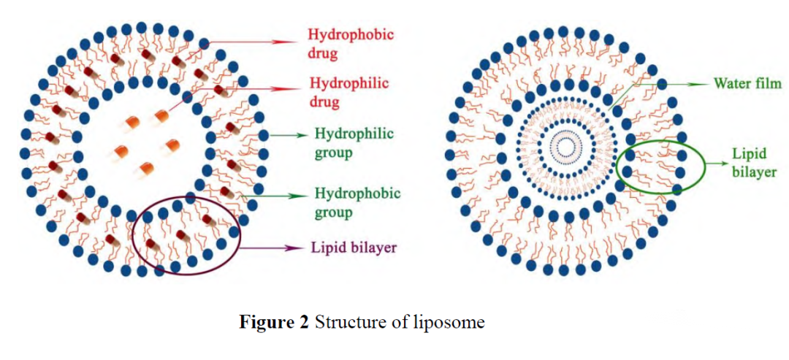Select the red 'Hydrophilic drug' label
339,92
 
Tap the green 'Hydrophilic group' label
354,143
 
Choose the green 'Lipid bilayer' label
753,164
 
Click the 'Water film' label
747,84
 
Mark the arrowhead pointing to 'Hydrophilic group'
302,135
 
